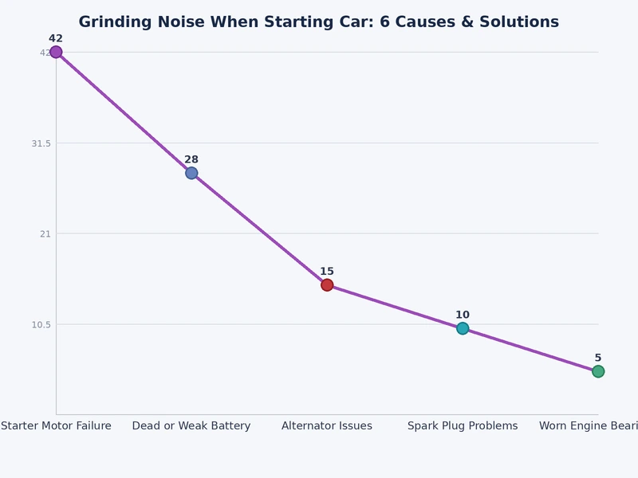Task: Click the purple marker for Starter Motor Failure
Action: (56, 52)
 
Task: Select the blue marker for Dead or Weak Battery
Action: (191, 173)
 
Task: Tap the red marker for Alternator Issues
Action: (327, 285)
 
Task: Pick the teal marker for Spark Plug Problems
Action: (463, 328)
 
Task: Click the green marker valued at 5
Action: (598, 371)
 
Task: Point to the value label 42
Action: (56, 38)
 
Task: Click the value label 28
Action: (191, 159)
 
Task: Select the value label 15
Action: (327, 272)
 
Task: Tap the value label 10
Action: (463, 315)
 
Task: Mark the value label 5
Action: (598, 358)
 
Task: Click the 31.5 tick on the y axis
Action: (41, 143)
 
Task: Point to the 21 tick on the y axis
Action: (45, 233)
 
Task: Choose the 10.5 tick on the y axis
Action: (41, 324)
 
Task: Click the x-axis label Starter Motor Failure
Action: (56, 426)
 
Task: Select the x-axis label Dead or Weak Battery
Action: (191, 426)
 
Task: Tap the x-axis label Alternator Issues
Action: (327, 426)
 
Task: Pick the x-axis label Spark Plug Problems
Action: (463, 426)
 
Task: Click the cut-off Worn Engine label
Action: (589, 426)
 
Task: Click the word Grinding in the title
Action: (115, 22)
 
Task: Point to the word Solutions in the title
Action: (516, 22)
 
